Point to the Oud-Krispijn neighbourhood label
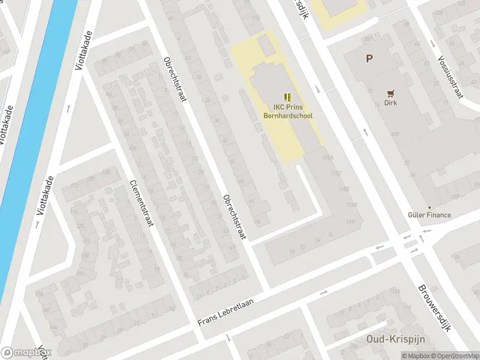[395, 339]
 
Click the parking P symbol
[370, 59]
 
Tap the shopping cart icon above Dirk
[391, 93]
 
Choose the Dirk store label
[391, 103]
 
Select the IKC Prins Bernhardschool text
[290, 112]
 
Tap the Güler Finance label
[429, 215]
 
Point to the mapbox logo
[26, 353]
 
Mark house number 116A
[327, 157]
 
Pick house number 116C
[335, 173]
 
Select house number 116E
[344, 190]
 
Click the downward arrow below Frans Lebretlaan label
[229, 339]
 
